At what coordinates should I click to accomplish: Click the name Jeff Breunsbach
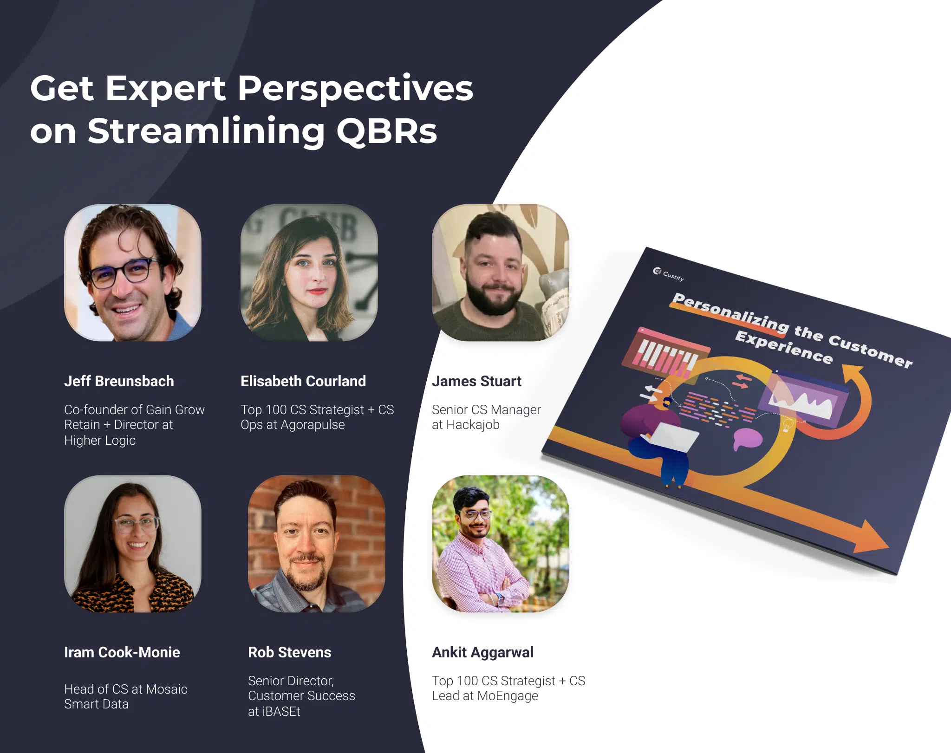[119, 381]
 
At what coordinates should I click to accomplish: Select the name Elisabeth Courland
[303, 381]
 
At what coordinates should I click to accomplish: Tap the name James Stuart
[476, 381]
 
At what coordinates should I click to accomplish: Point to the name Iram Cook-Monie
[122, 652]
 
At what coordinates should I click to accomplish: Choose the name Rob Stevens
[289, 652]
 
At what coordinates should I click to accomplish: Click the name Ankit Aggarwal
[482, 653]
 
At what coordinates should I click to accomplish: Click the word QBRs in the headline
[386, 131]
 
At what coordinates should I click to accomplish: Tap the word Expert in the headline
[166, 89]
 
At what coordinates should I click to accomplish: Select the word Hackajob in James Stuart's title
[473, 425]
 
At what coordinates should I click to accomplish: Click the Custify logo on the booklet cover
[668, 274]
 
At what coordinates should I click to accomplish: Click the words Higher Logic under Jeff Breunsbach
[100, 441]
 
